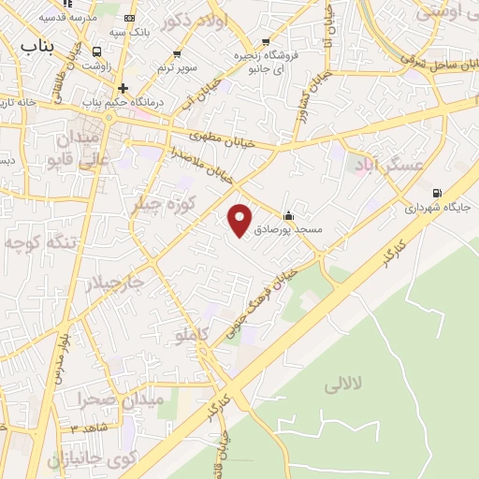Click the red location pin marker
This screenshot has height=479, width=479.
click(x=241, y=220)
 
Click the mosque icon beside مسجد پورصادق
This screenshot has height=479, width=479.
click(x=298, y=213)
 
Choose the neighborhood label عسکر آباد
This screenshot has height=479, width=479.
click(x=388, y=166)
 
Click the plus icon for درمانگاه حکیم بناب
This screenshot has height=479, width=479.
click(x=123, y=88)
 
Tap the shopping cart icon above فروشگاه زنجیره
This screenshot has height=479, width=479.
click(x=268, y=42)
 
